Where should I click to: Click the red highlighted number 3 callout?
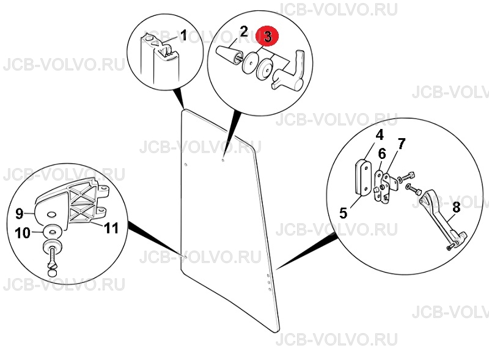coord(268,37)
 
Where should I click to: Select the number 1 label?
coord(183,35)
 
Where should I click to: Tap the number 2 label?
coord(244,32)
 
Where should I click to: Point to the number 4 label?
coord(379,136)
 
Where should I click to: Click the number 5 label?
coord(343,213)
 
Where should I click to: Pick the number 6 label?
coord(382,154)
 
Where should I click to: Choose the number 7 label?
coord(402,144)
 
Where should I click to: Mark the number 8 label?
coord(456,207)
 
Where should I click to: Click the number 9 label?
coord(20,214)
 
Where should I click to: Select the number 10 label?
coord(23,233)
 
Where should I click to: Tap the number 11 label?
coord(111,228)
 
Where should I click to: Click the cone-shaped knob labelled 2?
coord(227,56)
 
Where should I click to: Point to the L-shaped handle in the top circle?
coord(289,72)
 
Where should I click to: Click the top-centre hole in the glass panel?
coord(222,160)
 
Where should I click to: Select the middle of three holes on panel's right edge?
coord(269,282)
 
